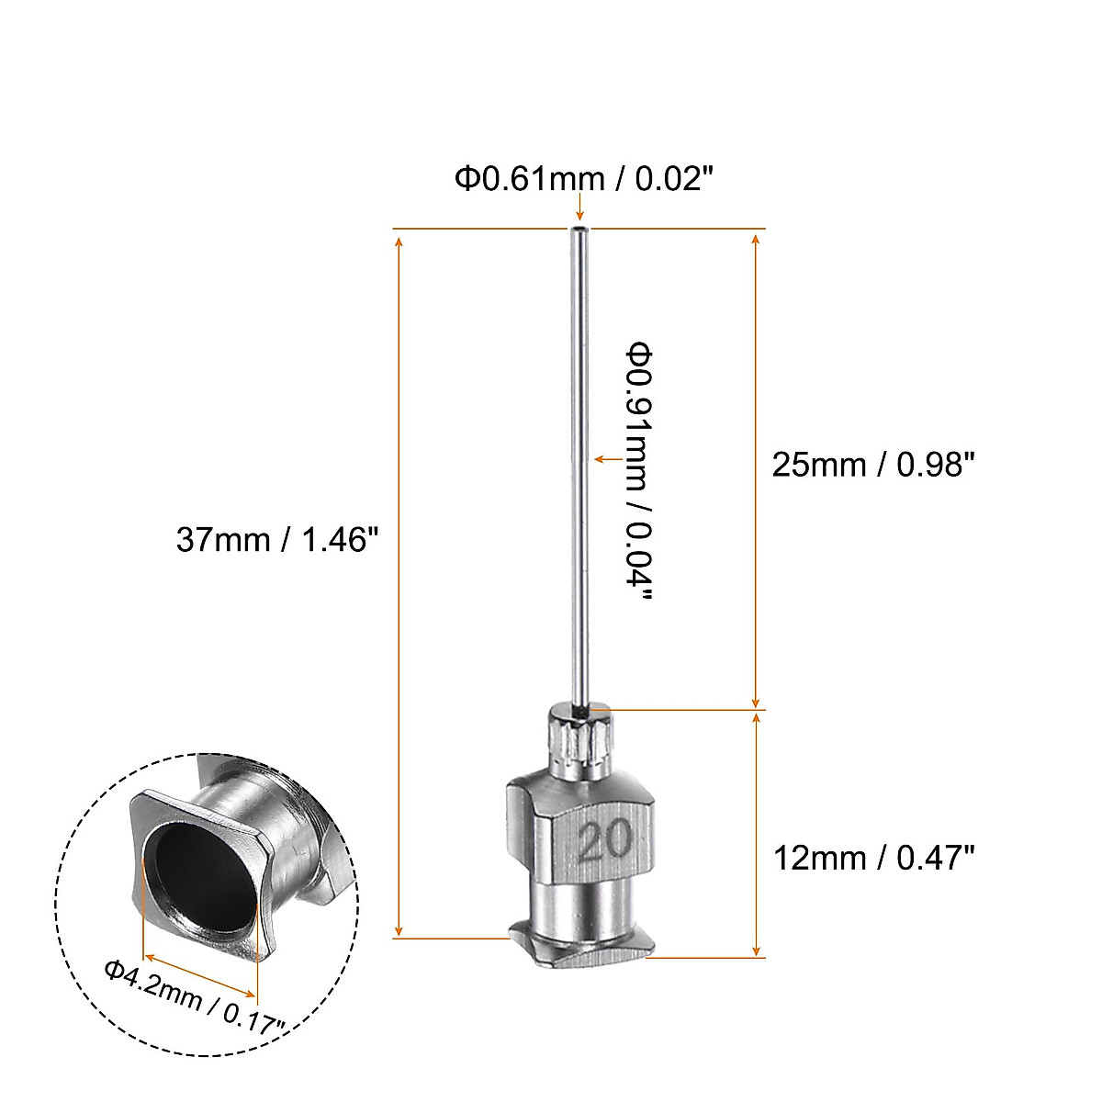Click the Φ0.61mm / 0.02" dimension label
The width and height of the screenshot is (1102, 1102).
coord(584,178)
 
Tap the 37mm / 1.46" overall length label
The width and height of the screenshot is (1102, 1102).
coord(277,539)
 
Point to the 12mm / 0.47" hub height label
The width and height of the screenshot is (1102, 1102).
coord(873,858)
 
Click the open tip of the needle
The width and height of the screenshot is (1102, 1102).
coord(579,230)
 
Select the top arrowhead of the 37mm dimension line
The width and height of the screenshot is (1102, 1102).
coord(399,241)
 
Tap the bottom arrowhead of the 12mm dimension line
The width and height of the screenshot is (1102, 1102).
coord(756,949)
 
